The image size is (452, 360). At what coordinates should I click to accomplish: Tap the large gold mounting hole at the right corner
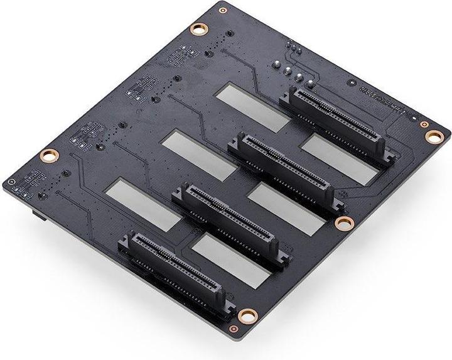tap(432, 134)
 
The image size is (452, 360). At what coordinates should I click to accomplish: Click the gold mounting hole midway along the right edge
tap(343, 223)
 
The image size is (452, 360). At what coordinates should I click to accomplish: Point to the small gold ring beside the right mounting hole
tap(414, 118)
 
